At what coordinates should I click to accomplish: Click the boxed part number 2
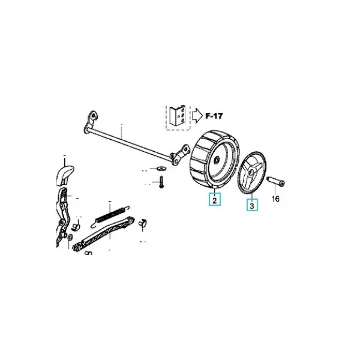(x=215, y=199)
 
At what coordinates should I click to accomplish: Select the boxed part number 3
(x=252, y=205)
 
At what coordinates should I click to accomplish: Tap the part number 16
(x=275, y=199)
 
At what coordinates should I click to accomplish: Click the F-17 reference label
(x=214, y=116)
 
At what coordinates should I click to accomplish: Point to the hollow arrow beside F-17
(x=197, y=116)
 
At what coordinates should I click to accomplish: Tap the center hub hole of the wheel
(x=216, y=160)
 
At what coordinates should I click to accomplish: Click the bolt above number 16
(x=275, y=181)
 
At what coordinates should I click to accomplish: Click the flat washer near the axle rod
(x=162, y=169)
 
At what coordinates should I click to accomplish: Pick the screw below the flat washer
(x=161, y=182)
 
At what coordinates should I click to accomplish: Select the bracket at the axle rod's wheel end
(x=180, y=154)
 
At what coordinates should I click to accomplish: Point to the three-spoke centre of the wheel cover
(x=251, y=173)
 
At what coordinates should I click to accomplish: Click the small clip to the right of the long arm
(x=143, y=223)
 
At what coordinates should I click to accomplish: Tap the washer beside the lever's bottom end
(x=70, y=236)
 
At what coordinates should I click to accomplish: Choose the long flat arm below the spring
(x=104, y=234)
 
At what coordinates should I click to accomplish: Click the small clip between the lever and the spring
(x=75, y=227)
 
